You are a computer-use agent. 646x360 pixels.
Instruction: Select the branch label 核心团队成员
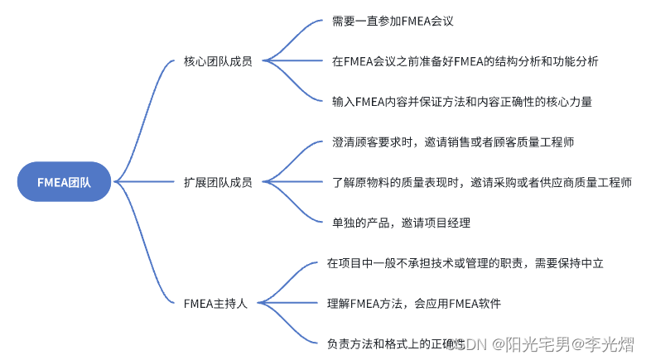coord(218,60)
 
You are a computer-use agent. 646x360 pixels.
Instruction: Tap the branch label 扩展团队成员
coord(218,181)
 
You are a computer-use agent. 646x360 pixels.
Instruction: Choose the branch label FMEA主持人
coord(215,303)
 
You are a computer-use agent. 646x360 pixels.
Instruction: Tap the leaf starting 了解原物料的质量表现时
coord(480,181)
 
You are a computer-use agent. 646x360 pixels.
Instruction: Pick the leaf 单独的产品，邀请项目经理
coord(400,222)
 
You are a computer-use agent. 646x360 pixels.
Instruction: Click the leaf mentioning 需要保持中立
coord(465,263)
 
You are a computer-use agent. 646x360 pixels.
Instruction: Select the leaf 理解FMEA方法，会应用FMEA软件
coord(413,303)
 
